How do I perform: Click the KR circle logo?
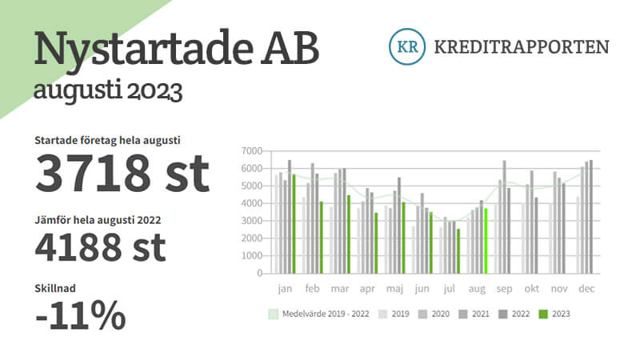pyautogui.click(x=407, y=46)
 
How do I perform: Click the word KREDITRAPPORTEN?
pyautogui.click(x=522, y=47)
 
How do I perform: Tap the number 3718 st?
pyautogui.click(x=122, y=173)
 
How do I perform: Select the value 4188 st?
pyautogui.click(x=101, y=247)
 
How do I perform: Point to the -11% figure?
pyautogui.click(x=81, y=315)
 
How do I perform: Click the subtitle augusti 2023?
pyautogui.click(x=108, y=90)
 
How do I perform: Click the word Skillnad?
pyautogui.click(x=55, y=288)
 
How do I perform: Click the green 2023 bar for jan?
pyautogui.click(x=294, y=224)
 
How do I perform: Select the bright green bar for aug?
pyautogui.click(x=486, y=241)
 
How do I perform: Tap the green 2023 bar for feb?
pyautogui.click(x=322, y=238)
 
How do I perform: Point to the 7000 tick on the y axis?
pyautogui.click(x=251, y=151)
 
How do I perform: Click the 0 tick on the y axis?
pyautogui.click(x=259, y=273)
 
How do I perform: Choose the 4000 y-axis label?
pyautogui.click(x=251, y=203)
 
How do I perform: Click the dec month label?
pyautogui.click(x=586, y=289)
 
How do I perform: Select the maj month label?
pyautogui.click(x=394, y=289)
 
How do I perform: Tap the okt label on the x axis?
pyautogui.click(x=532, y=289)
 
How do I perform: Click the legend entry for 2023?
pyautogui.click(x=554, y=314)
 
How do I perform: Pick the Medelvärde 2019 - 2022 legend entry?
pyautogui.click(x=318, y=314)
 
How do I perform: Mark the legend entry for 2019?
pyautogui.click(x=394, y=314)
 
